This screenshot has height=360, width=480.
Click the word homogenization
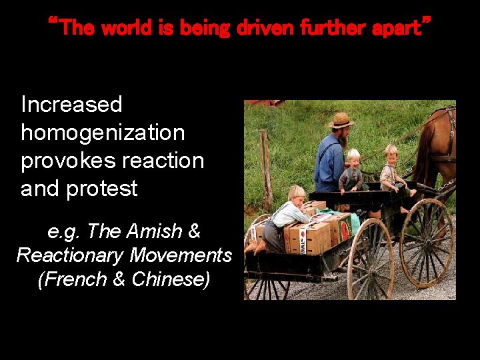tap(103, 133)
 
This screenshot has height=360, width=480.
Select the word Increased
tap(72, 105)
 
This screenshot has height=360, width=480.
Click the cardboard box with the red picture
tap(340, 230)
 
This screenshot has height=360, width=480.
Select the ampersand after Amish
tap(194, 231)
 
